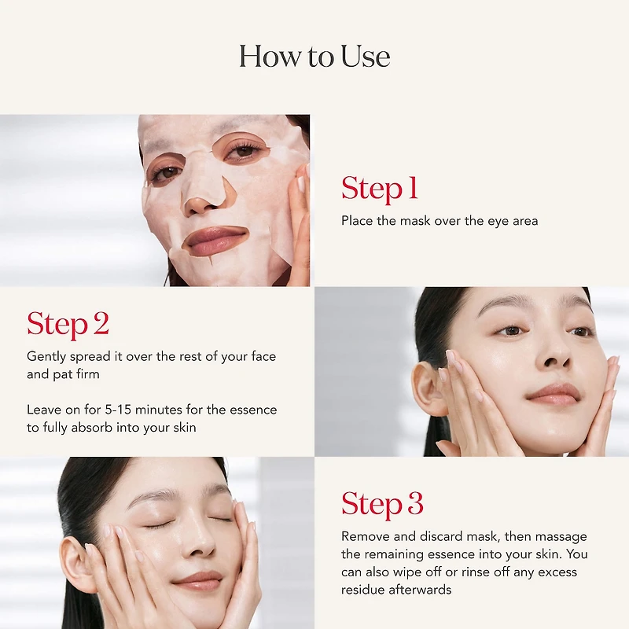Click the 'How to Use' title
pos(314,57)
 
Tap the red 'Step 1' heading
pos(379,189)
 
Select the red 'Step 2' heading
pos(68,324)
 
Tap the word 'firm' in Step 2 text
pos(87,374)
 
